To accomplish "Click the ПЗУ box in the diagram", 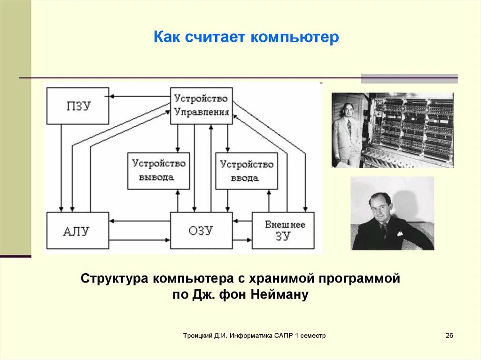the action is [x=78, y=106].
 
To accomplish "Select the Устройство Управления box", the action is [x=201, y=106].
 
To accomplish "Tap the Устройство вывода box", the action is [x=159, y=171].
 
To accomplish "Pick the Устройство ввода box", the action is [x=247, y=171].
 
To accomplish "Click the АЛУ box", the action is [x=78, y=230].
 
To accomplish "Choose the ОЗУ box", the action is [x=201, y=230].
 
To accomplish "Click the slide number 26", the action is [x=449, y=336].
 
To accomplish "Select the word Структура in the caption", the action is [x=114, y=278].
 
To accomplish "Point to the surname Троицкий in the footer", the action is [x=198, y=336].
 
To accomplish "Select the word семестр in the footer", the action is [x=312, y=336].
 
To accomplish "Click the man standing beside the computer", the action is [x=348, y=134].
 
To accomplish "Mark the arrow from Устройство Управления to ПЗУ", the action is [x=140, y=97].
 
